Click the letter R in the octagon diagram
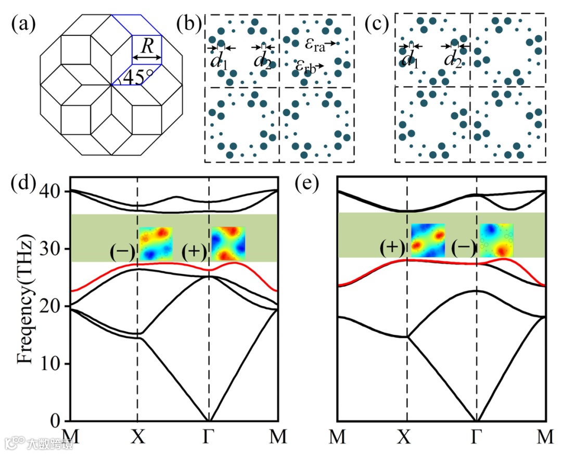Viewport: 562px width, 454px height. click(147, 47)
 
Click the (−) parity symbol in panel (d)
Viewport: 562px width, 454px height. click(122, 252)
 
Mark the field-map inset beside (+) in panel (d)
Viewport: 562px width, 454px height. click(227, 243)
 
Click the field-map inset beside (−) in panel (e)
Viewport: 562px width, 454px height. click(496, 240)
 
